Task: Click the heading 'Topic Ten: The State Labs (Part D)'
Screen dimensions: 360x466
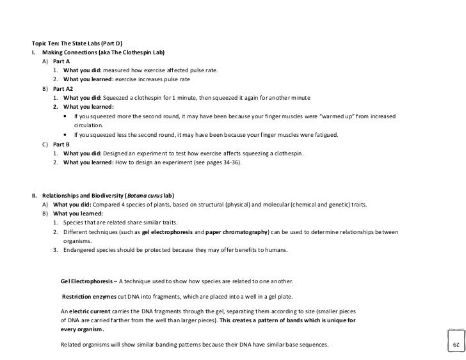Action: (x=71, y=43)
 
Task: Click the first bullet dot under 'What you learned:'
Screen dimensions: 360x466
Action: (x=67, y=116)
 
